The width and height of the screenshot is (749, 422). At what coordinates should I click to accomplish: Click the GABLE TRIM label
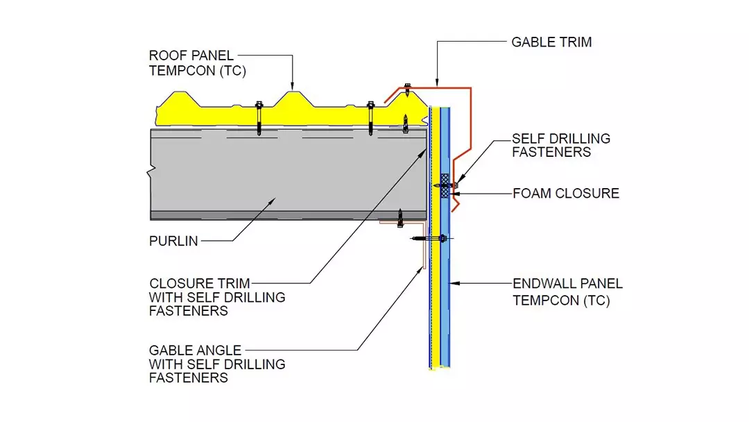pyautogui.click(x=551, y=42)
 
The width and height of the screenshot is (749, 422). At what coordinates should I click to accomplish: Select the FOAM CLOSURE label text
pyautogui.click(x=566, y=194)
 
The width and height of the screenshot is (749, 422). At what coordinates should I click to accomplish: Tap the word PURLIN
pyautogui.click(x=173, y=242)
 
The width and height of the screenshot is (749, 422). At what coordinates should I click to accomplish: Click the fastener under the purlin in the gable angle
pyautogui.click(x=399, y=218)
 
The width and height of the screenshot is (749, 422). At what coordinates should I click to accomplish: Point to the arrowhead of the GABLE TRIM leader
pyautogui.click(x=437, y=84)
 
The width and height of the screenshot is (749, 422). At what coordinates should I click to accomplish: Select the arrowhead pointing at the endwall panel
pyautogui.click(x=453, y=284)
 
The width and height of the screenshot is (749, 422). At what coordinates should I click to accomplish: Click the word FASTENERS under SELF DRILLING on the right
pyautogui.click(x=551, y=152)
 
